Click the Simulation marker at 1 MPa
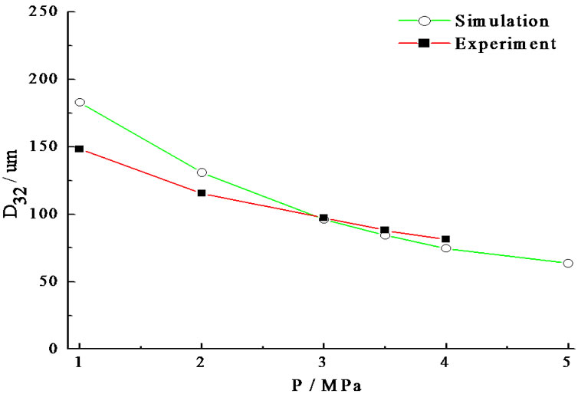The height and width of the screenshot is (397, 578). (80, 102)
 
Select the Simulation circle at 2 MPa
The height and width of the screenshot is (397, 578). (202, 172)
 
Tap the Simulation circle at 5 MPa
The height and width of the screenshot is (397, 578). (568, 263)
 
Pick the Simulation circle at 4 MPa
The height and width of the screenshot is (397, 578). (445, 248)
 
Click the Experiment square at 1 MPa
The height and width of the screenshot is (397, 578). (80, 149)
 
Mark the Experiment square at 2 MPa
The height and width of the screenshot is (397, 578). (202, 193)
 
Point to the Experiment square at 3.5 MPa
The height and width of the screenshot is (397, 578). (385, 230)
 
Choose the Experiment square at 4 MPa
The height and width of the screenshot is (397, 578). (445, 239)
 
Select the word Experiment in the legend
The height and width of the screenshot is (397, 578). (504, 44)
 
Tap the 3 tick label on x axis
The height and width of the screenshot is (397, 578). (323, 362)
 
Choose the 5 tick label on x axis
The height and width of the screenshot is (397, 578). (568, 362)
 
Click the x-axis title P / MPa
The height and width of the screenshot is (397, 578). (323, 384)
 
